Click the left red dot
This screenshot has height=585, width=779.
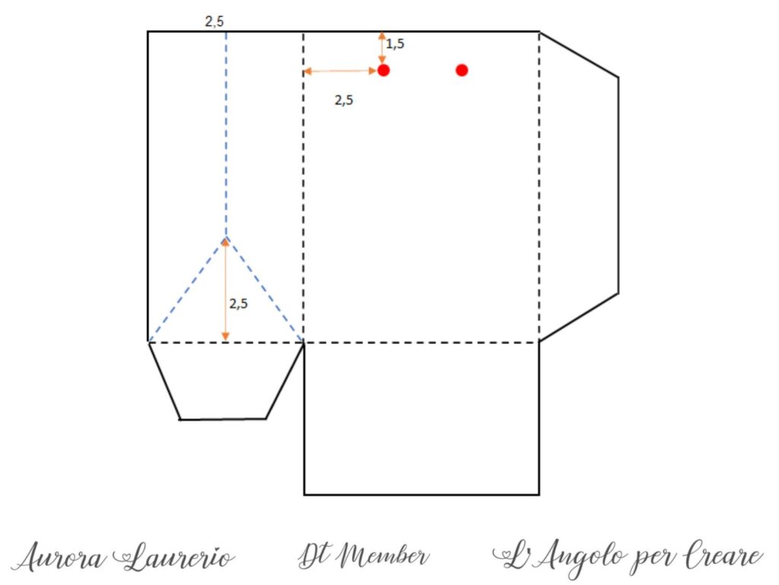tap(383, 71)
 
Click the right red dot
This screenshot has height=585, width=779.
tap(462, 71)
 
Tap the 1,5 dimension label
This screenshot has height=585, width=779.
tap(396, 44)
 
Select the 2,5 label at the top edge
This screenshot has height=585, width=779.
tap(215, 21)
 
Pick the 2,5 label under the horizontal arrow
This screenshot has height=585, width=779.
tap(344, 100)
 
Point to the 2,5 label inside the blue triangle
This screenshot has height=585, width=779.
tap(238, 304)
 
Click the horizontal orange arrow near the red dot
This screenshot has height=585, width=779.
tap(340, 71)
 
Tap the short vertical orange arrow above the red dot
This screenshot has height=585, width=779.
tap(382, 48)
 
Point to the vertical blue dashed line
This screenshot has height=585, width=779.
tap(226, 134)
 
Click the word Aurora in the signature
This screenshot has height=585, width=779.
tap(59, 557)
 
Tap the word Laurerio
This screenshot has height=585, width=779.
tap(174, 557)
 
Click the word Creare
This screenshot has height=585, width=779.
tap(723, 555)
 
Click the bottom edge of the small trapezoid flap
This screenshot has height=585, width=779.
tap(223, 419)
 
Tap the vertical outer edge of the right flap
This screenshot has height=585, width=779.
tap(618, 185)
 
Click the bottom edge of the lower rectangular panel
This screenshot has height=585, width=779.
tap(421, 494)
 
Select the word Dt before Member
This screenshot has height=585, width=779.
tap(316, 555)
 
